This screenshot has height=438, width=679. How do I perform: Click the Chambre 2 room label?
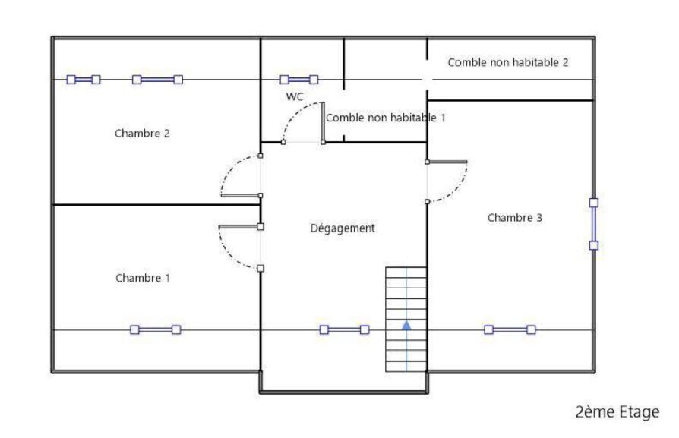point(142,134)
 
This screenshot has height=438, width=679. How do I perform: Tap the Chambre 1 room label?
point(143,278)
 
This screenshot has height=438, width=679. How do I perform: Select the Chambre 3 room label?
point(515,218)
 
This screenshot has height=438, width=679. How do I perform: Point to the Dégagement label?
point(343,228)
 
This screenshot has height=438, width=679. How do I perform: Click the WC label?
point(295,96)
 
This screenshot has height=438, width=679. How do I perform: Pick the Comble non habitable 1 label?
point(385,118)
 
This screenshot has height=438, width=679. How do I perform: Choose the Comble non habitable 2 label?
point(507,62)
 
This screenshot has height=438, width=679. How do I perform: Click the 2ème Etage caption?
point(617,411)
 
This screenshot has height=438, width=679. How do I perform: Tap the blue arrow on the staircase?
point(406,325)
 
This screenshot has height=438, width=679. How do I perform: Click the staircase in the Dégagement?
point(406,319)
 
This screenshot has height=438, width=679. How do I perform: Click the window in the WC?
point(298,79)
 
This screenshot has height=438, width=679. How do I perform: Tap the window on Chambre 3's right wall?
point(593,224)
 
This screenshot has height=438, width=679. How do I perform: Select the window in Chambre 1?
point(155,329)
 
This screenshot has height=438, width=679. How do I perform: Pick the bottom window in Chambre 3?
point(510,329)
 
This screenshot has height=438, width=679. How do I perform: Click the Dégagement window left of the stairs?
point(343,329)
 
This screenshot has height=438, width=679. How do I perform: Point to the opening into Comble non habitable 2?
point(427,80)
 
